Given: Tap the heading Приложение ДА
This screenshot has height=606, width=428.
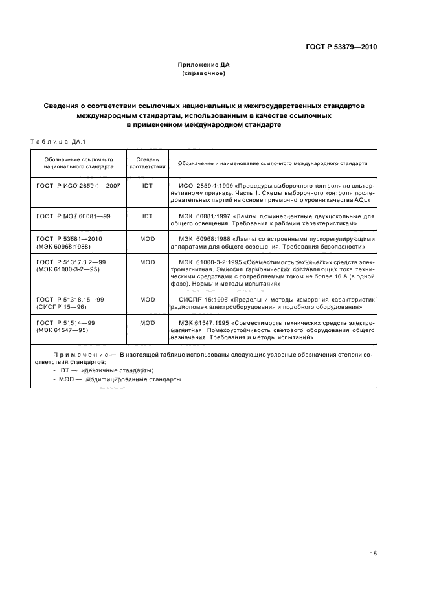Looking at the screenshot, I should point(204,65).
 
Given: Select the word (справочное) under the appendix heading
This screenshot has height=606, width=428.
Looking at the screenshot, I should point(204,74).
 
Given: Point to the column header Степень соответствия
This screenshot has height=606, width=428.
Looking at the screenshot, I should point(147,163).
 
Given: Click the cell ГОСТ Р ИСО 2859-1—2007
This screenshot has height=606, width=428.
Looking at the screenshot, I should point(78,186).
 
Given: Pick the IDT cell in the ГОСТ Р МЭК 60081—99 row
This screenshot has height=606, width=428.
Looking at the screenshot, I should point(147,216).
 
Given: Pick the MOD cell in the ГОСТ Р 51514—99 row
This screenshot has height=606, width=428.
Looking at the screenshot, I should point(147,322).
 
